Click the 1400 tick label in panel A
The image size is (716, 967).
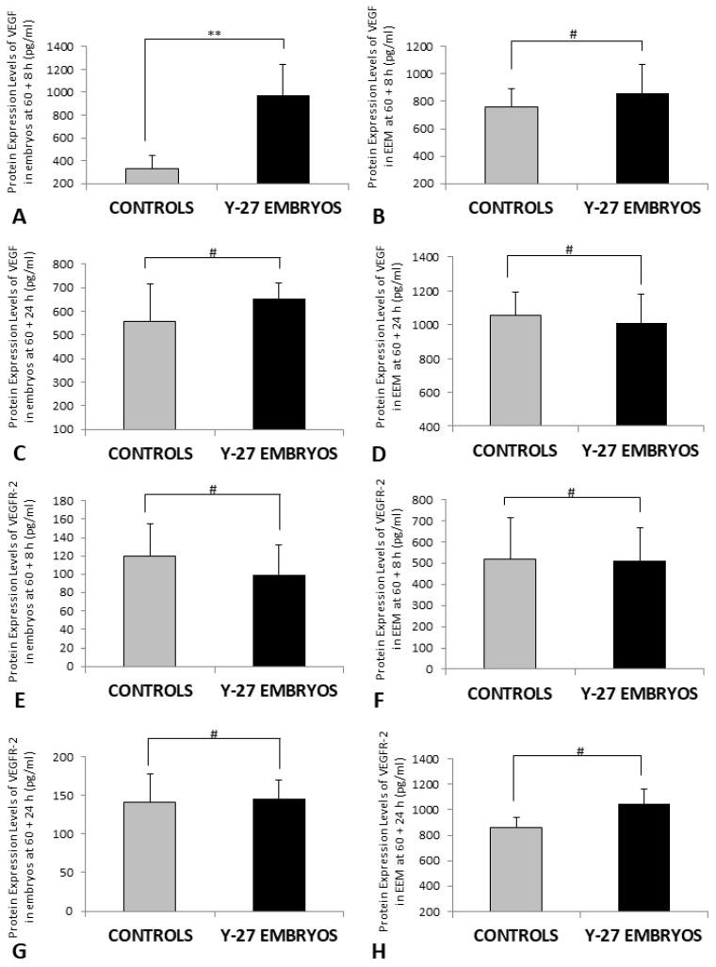point(62,47)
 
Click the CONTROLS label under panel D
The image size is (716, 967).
point(513,451)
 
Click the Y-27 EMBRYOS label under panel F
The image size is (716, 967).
point(640,693)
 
